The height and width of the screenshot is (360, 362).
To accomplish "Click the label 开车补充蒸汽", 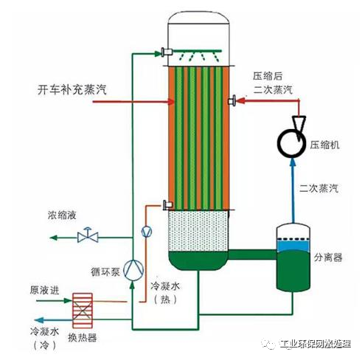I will pyautogui.click(x=72, y=90).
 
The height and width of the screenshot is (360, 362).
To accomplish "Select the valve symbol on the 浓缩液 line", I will pyautogui.click(x=90, y=237).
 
